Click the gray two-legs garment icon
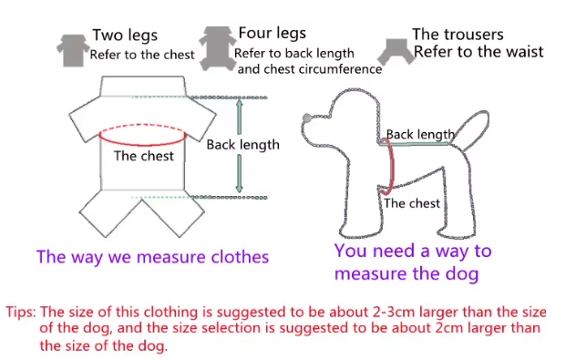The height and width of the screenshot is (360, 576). click(73, 51)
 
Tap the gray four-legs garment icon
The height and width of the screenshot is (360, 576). click(218, 48)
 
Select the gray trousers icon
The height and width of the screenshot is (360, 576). click(396, 52)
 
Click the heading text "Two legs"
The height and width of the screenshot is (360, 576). click(125, 36)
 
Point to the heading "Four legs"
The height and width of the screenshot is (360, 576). click(273, 33)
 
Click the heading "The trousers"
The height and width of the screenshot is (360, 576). click(458, 35)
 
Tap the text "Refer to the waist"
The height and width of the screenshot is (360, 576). click(478, 52)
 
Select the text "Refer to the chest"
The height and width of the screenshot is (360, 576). click(142, 55)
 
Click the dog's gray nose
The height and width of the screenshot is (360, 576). click(307, 118)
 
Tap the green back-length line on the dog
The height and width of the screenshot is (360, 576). click(415, 144)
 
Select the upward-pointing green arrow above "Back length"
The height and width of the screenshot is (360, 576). click(240, 117)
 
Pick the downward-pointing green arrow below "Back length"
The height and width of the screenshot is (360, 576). click(239, 173)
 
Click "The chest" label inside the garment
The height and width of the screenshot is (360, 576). click(143, 156)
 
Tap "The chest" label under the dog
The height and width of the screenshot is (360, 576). click(412, 203)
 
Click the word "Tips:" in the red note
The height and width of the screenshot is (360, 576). click(21, 313)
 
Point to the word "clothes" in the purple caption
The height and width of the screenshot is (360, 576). click(240, 256)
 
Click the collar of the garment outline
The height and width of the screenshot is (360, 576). click(142, 87)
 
